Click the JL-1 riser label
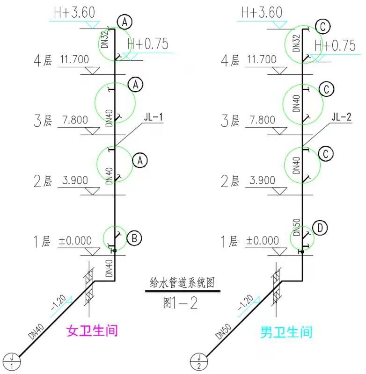click(154, 117)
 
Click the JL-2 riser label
click(341, 117)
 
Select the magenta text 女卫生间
click(92, 331)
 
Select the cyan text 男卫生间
click(286, 332)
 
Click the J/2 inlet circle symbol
click(198, 361)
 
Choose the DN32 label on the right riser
click(295, 43)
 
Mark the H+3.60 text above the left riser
click(74, 13)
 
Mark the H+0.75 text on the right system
click(335, 45)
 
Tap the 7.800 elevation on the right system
click(260, 120)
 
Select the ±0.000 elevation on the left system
click(75, 241)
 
